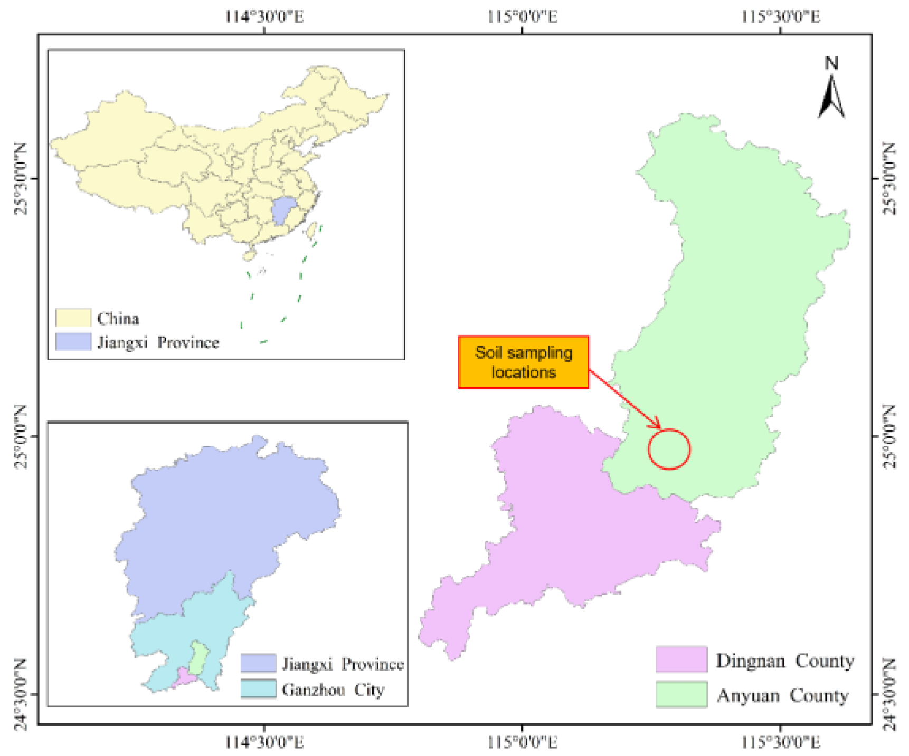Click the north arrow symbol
coord(831,97)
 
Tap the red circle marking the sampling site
coord(669,449)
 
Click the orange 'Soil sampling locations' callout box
coord(523,362)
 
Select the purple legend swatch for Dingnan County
coord(681,659)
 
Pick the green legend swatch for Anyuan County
coord(681,694)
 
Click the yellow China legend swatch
coord(73,318)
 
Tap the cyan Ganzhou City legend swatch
coord(259,688)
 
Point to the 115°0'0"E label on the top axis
coord(522,17)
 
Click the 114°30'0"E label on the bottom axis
coord(264,742)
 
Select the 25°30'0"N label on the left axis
coord(20,178)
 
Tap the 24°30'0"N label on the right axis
coord(889,694)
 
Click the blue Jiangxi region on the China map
coord(283,211)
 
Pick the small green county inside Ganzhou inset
coord(199,657)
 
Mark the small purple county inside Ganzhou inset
coord(184,677)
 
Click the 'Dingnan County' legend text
coord(784,661)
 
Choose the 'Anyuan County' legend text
coord(782,695)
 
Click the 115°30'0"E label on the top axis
coord(780,17)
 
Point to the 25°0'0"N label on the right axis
coord(889,436)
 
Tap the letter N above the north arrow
coord(831,63)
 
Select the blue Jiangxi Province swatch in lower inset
coord(259,663)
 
